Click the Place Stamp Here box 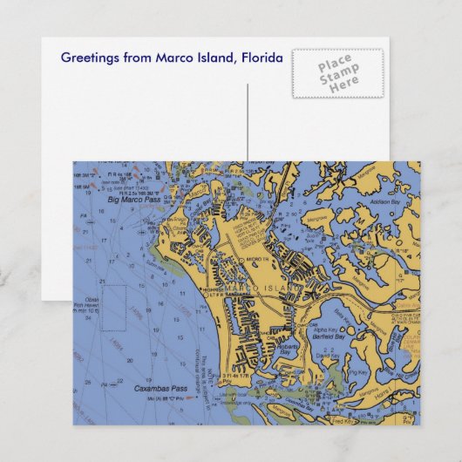coord(336,73)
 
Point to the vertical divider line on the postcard coord(248,122)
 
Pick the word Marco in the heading coord(172,58)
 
